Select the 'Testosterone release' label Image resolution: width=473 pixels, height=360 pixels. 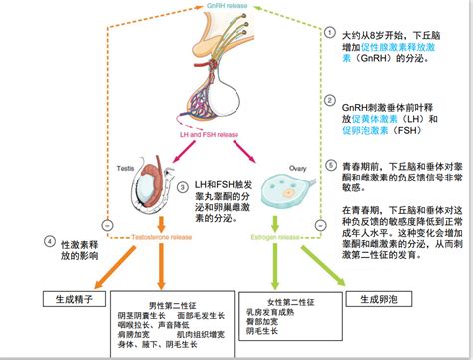[150, 238]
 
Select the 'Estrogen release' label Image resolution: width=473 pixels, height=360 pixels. [266, 238]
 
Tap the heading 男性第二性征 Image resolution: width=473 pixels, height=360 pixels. [162, 303]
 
